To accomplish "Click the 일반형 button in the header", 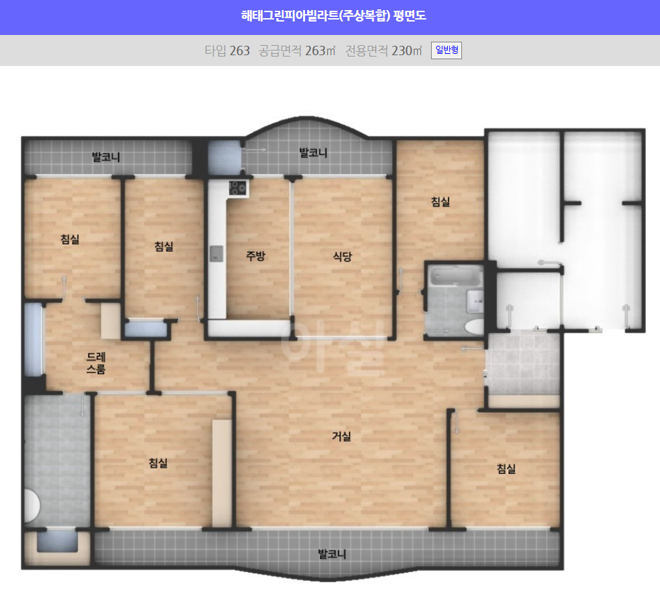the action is click(446, 50).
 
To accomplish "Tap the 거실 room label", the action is click(341, 437).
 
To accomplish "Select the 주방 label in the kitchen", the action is click(255, 256).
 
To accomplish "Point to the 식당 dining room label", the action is click(342, 256).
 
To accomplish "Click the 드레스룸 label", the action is click(96, 363).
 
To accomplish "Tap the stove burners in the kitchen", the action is click(237, 188).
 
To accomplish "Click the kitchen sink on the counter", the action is click(216, 253).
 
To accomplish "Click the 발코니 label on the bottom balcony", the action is click(331, 554).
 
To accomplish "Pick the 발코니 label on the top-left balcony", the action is click(106, 157).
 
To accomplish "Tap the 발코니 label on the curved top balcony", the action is click(313, 153).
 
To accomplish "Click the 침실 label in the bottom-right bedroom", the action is click(506, 468).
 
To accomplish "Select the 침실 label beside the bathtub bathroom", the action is click(440, 202).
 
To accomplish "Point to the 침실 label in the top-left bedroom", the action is click(70, 240).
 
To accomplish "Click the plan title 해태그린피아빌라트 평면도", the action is click(333, 16).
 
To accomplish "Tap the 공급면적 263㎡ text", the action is click(297, 50).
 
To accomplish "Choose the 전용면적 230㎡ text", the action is click(383, 50).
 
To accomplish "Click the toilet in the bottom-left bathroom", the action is click(32, 506).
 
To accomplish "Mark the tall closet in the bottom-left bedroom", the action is click(222, 473).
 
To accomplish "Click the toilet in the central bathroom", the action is click(475, 326).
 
